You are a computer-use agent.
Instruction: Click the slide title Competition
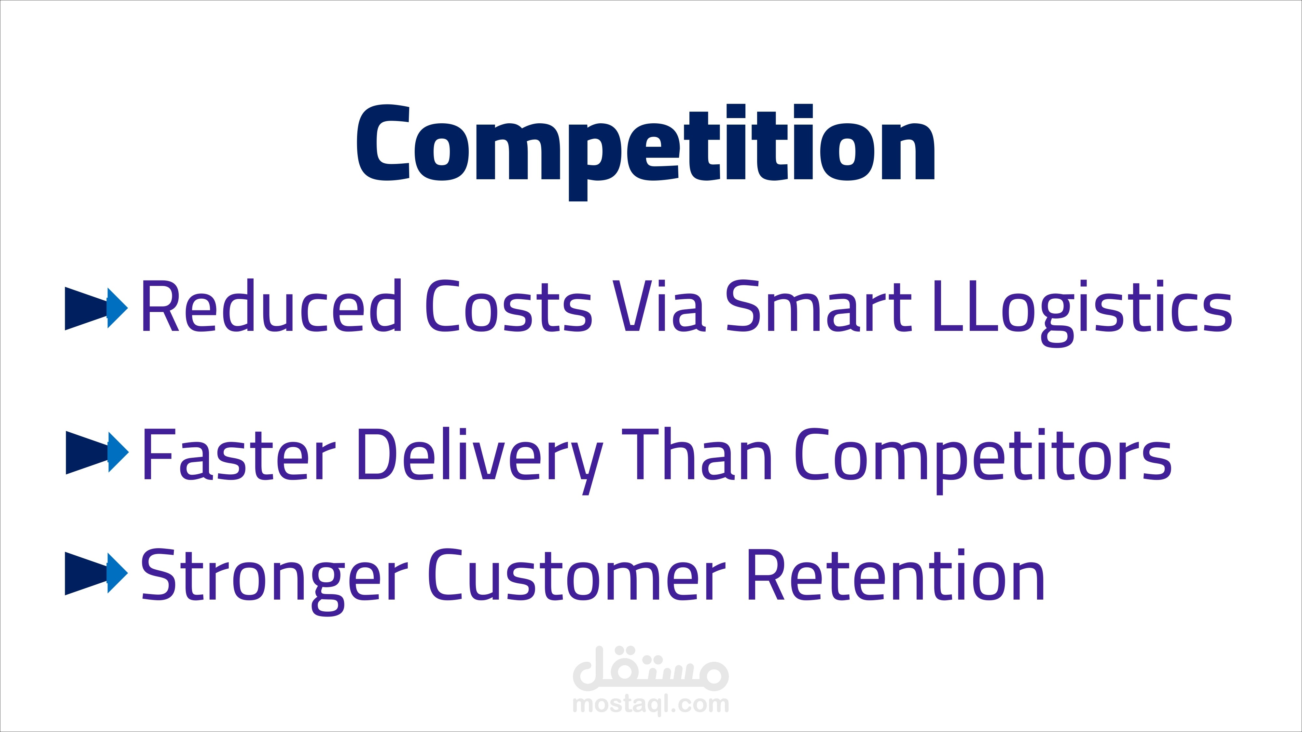(x=646, y=152)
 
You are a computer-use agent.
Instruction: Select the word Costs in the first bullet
(x=508, y=306)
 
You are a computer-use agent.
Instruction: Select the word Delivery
(x=480, y=460)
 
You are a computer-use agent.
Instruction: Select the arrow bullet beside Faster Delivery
(x=97, y=453)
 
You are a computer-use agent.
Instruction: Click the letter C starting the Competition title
(x=383, y=142)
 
